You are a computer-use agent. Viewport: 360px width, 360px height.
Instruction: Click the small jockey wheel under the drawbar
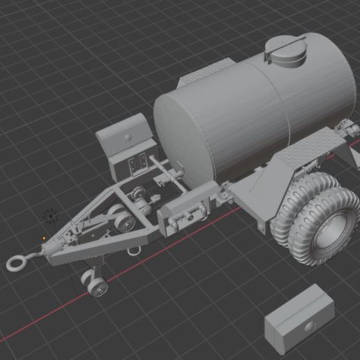point(96,284)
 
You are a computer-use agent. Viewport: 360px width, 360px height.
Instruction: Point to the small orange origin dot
point(44,237)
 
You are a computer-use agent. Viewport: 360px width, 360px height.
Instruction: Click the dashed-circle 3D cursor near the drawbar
point(49,216)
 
